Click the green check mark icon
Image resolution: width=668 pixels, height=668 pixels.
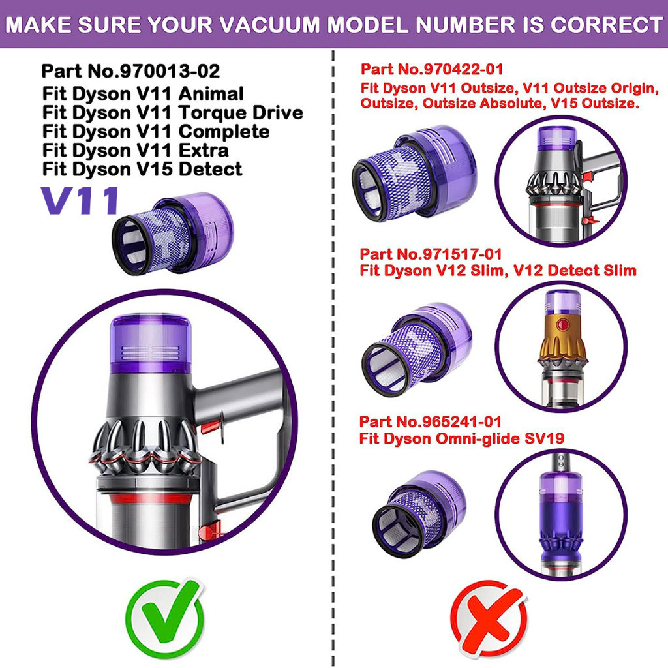pyautogui.click(x=165, y=618)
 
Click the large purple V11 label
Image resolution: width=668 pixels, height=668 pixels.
pyautogui.click(x=80, y=200)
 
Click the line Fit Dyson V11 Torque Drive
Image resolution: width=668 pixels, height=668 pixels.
pyautogui.click(x=172, y=113)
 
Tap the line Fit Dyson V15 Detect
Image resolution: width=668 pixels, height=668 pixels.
pyautogui.click(x=142, y=169)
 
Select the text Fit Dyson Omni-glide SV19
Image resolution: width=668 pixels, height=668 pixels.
pyautogui.click(x=462, y=438)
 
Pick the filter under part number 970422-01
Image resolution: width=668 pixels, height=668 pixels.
pyautogui.click(x=414, y=173)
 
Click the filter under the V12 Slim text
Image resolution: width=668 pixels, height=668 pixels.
pyautogui.click(x=416, y=349)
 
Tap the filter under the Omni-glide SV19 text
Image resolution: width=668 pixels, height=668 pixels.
pyautogui.click(x=419, y=514)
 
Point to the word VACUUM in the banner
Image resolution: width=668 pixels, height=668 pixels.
pyautogui.click(x=271, y=24)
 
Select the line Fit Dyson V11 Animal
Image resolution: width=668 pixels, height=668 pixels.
pyautogui.click(x=143, y=94)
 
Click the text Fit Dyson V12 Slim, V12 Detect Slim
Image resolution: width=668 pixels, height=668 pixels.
pyautogui.click(x=498, y=271)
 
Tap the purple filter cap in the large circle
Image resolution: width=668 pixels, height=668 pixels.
pyautogui.click(x=151, y=344)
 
